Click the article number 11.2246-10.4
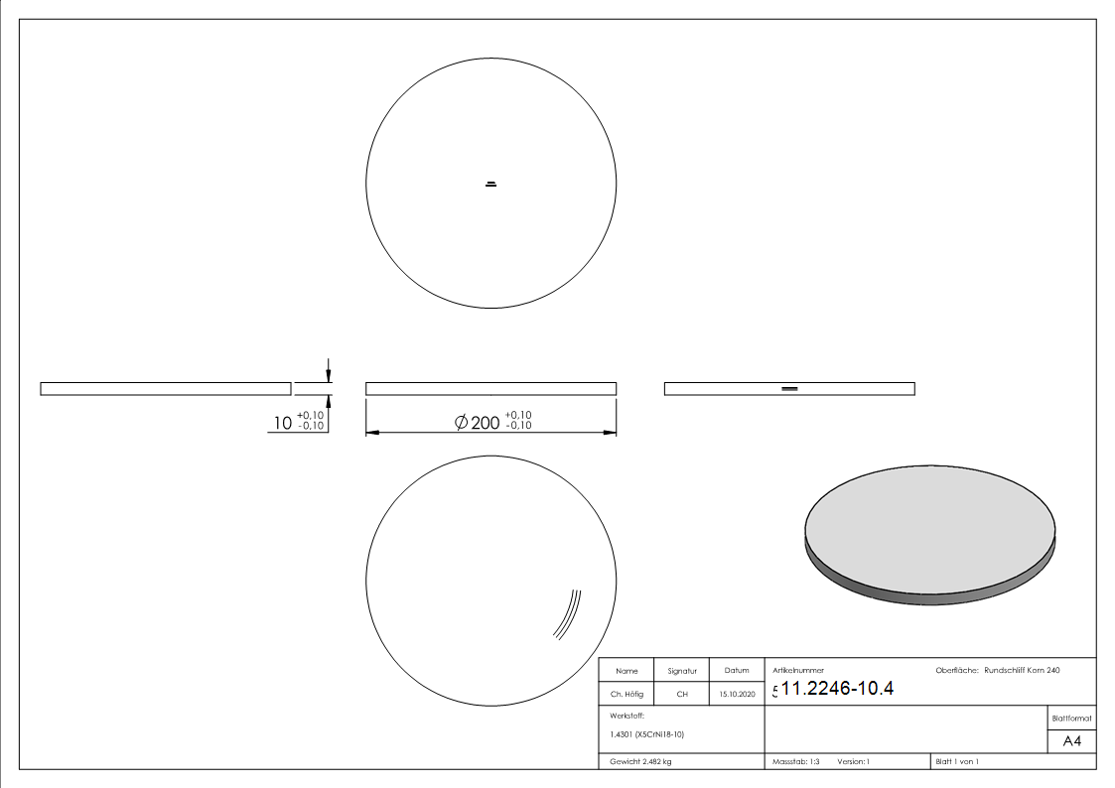point(839,689)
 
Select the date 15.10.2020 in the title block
point(737,695)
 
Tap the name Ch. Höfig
point(627,695)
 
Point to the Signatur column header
point(682,671)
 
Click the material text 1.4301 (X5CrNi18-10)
point(646,734)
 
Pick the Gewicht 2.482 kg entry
point(640,761)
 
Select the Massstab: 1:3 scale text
point(795,761)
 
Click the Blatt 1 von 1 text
point(956,761)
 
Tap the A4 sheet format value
point(1072,741)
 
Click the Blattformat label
point(1072,718)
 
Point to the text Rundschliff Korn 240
point(1022,671)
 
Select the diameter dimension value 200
point(485,423)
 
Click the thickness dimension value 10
point(283,424)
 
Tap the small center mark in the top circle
point(490,184)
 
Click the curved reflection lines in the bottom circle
point(568,614)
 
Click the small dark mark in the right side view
point(789,388)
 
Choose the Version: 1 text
point(854,761)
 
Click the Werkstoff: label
point(627,715)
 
